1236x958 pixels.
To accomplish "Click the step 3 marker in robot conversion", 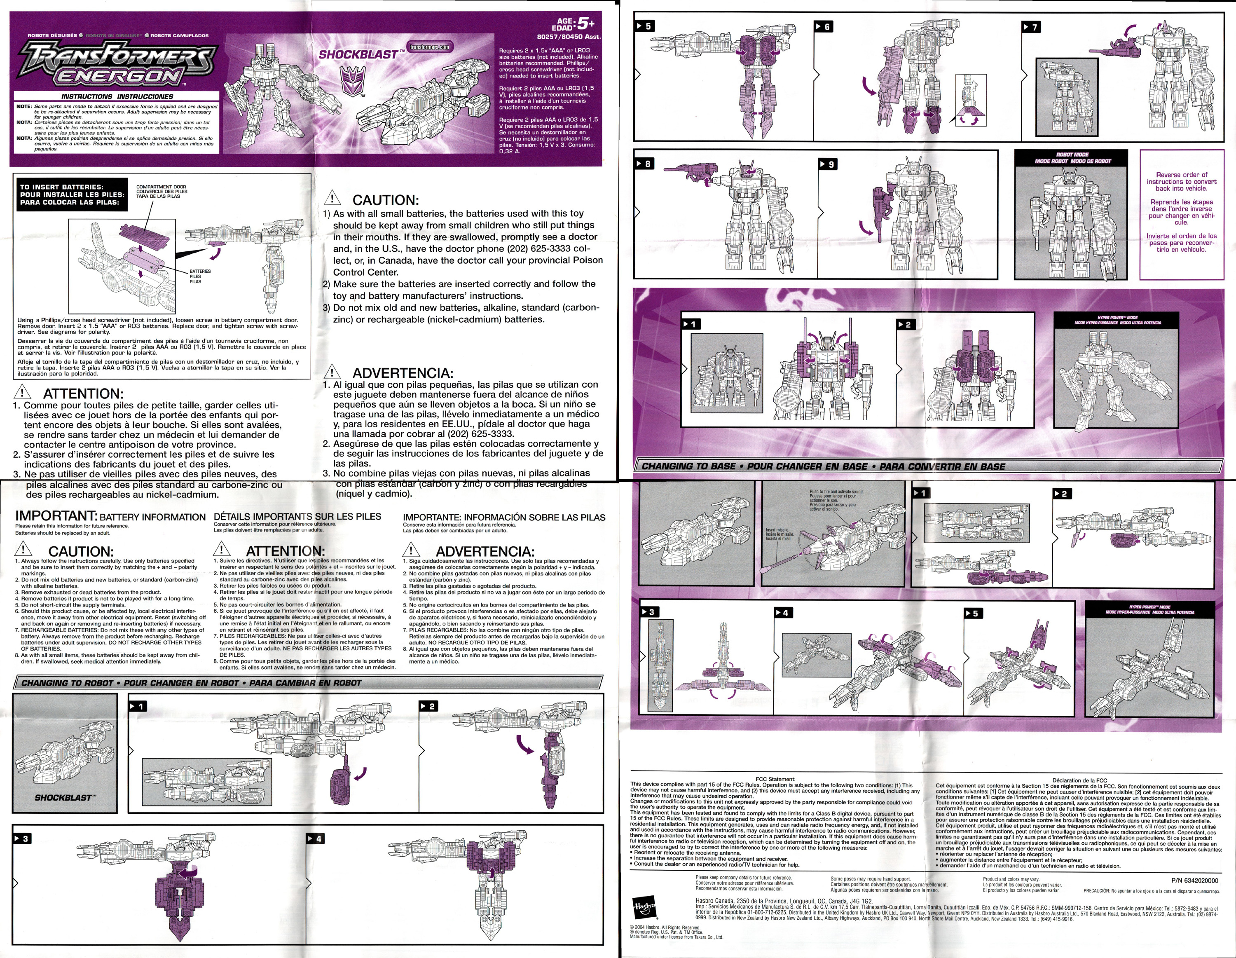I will tap(23, 838).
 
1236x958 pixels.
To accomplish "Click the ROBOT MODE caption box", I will tap(1071, 158).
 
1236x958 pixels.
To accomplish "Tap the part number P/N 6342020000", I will tap(1194, 881).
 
